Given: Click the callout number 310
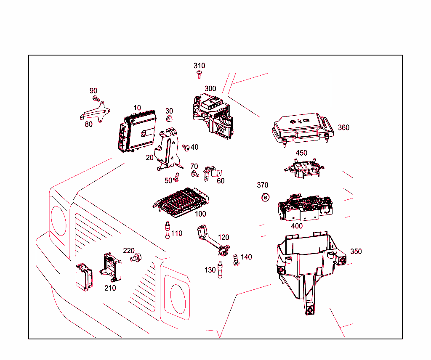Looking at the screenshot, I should point(199,66).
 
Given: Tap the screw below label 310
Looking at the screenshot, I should point(199,74).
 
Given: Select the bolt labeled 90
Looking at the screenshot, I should point(96,99).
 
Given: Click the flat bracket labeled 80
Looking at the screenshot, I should point(96,114).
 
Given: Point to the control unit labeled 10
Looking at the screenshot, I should point(137,130).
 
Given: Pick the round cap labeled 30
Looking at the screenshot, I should point(169,119).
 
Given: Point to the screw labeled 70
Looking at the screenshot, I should point(195,173).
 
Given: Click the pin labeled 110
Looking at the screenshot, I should point(168,230).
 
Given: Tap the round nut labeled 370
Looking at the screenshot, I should point(266,197).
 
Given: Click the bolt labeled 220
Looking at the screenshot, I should point(136,257).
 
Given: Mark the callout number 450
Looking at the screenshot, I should point(301,153).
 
